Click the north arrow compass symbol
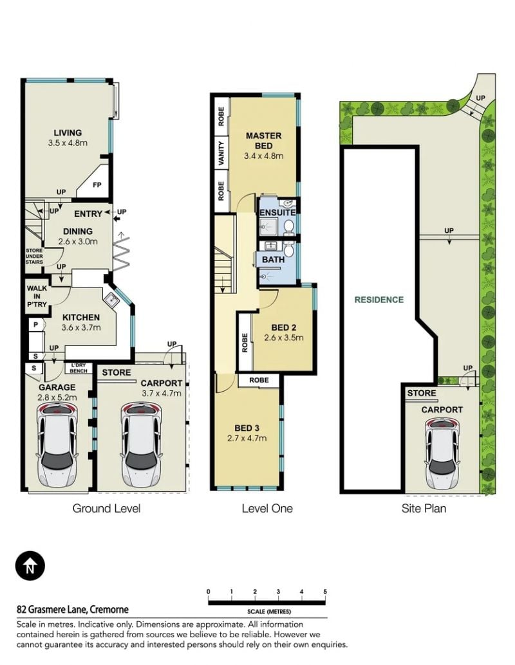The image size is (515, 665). pos(30,565)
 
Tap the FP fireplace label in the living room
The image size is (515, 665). pos(97,185)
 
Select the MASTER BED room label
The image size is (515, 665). pos(264,141)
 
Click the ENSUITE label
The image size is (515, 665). pos(277,212)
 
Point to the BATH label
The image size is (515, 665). pos(273,260)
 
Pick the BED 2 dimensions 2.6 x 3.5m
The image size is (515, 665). pos(284,338)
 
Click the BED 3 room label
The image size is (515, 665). pos(247,428)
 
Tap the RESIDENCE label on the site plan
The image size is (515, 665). pos(379,300)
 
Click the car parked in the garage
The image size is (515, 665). pos(57,445)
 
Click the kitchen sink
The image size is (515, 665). pos(113,300)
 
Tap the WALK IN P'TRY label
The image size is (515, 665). pos(37,296)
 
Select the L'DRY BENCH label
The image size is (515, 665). pos(79,368)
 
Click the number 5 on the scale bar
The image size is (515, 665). pos(325,592)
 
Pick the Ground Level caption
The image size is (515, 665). pos(107,509)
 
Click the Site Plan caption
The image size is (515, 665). pos(424,509)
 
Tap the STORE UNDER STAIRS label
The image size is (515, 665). pos(34,256)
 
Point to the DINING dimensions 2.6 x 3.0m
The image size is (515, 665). pos(78,241)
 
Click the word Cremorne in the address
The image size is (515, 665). pos(109,610)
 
